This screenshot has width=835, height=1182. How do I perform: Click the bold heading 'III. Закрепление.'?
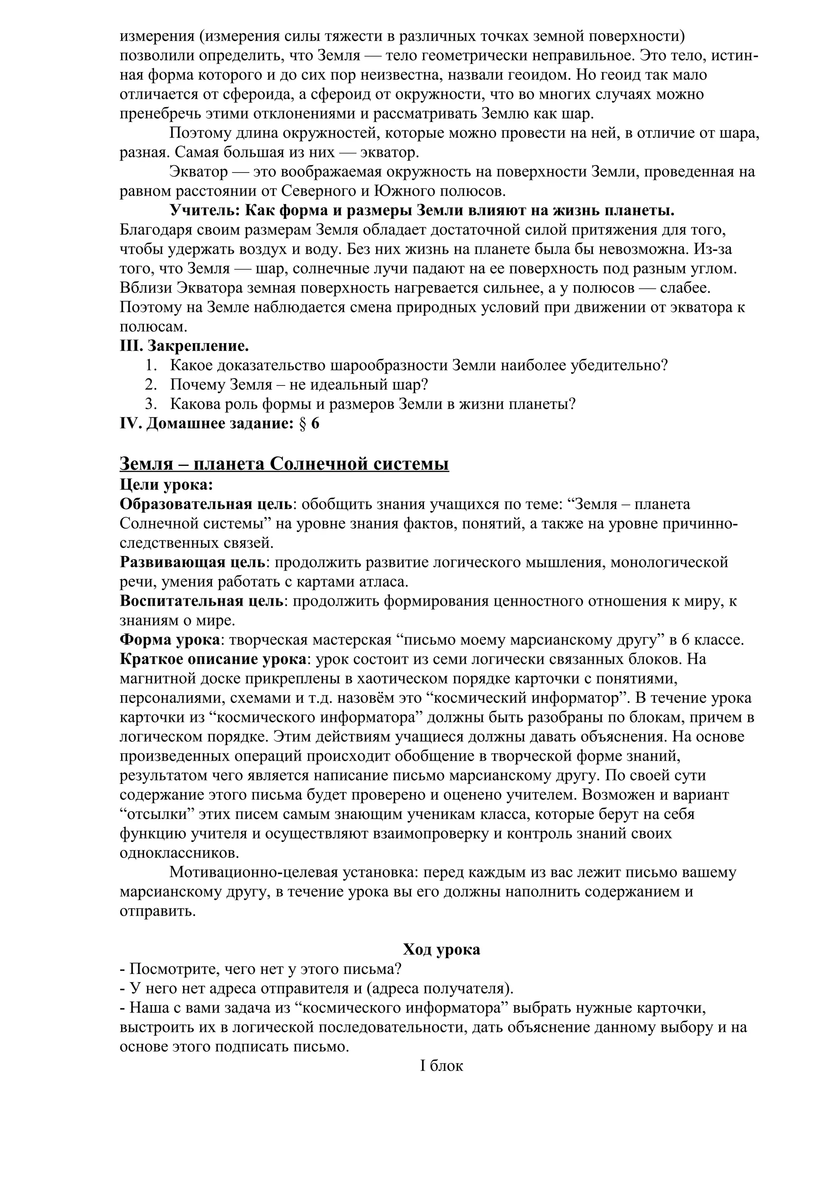pyautogui.click(x=184, y=346)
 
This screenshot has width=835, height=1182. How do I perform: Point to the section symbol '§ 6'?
pyautogui.click(x=308, y=424)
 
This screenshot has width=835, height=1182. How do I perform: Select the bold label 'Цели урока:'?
pyautogui.click(x=166, y=485)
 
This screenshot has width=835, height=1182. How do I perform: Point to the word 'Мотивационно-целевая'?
pyautogui.click(x=254, y=872)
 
